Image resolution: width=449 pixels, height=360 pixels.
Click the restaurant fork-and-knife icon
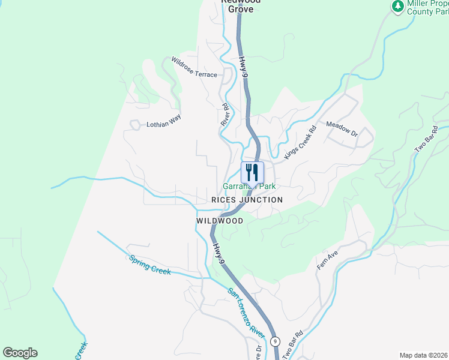[252, 172]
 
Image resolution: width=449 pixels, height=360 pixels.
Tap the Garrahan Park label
[249, 187]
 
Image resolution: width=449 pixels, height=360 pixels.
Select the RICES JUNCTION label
[247, 200]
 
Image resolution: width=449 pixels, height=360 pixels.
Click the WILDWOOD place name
[220, 221]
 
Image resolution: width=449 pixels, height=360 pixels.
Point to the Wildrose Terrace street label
[194, 67]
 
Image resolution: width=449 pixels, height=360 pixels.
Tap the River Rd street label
[226, 113]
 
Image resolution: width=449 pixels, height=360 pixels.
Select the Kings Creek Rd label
[300, 142]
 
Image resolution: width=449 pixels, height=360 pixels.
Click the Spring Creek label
[150, 265]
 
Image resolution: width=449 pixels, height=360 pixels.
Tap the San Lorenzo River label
[246, 312]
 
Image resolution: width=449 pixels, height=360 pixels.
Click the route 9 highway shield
[275, 341]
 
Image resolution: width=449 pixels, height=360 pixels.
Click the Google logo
[20, 353]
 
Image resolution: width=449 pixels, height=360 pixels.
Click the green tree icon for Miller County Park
[397, 7]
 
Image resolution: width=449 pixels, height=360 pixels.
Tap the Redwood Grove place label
[241, 5]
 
